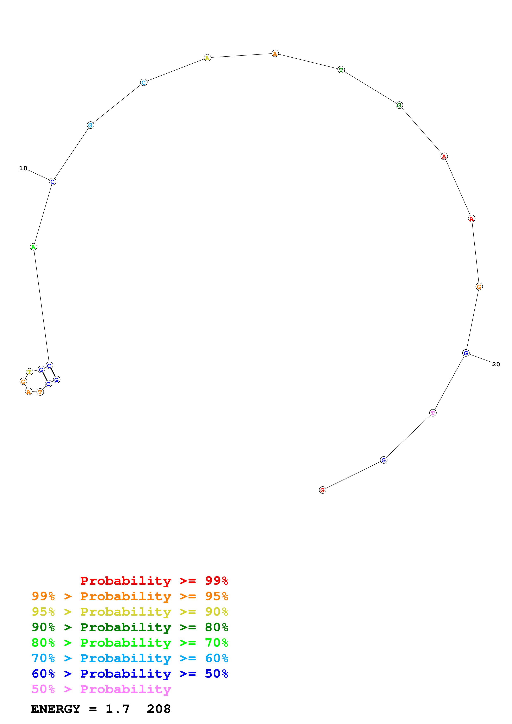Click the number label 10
[x=23, y=168]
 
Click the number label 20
[x=496, y=364]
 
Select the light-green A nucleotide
[x=33, y=247]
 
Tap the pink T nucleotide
[x=433, y=413]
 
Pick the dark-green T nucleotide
[x=341, y=70]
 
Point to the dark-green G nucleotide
[x=399, y=105]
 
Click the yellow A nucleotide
[x=207, y=58]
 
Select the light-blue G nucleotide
[x=90, y=125]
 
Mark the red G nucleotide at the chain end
[x=322, y=490]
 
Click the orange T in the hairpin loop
[x=40, y=392]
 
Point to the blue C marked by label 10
[x=53, y=182]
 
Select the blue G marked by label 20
[x=466, y=353]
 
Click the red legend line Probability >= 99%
[x=154, y=581]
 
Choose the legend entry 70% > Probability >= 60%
[x=130, y=658]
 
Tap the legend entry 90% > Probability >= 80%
[x=130, y=627]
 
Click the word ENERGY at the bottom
[x=56, y=709]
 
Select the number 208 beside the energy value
[x=159, y=709]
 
